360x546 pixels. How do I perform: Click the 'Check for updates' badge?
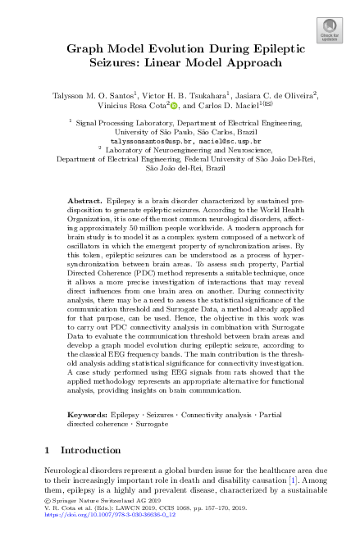(330, 33)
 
